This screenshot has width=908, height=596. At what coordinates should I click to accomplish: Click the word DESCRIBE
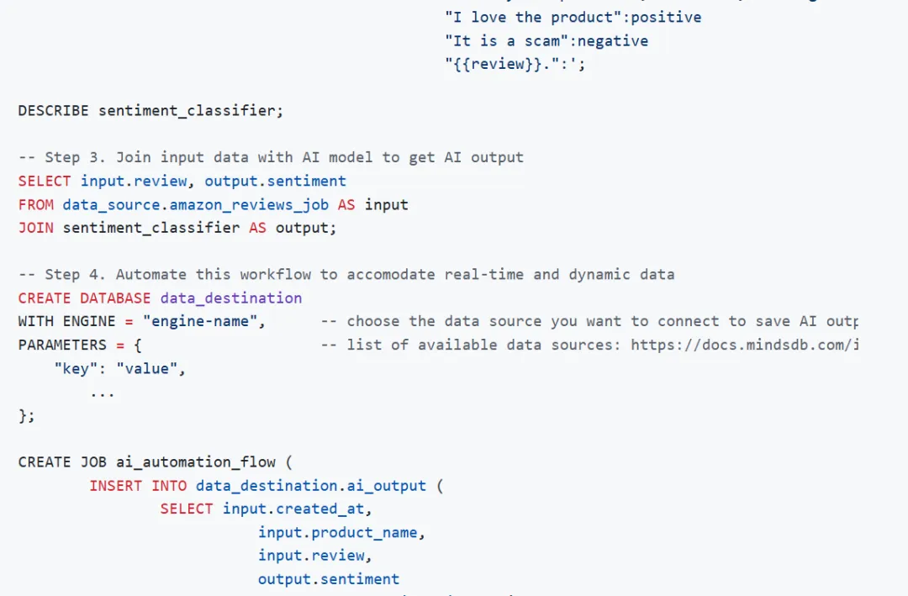click(53, 110)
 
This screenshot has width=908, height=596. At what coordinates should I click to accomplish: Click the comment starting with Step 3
click(271, 157)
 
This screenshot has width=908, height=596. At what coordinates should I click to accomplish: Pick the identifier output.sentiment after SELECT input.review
click(275, 181)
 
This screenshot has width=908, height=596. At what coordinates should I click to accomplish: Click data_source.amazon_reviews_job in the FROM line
click(195, 204)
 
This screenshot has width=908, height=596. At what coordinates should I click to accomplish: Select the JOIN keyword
click(36, 228)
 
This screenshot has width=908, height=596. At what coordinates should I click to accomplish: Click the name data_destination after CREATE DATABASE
click(230, 298)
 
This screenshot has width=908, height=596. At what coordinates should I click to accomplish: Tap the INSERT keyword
click(116, 485)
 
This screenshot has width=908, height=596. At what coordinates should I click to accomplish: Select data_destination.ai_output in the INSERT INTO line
click(311, 485)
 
